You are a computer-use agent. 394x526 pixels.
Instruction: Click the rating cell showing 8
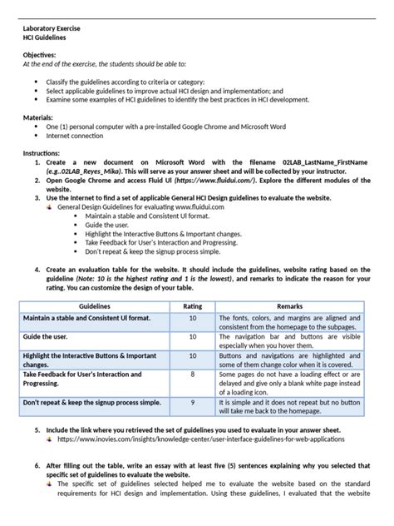click(x=192, y=375)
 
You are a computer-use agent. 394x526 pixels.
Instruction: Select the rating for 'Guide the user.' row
click(x=192, y=339)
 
